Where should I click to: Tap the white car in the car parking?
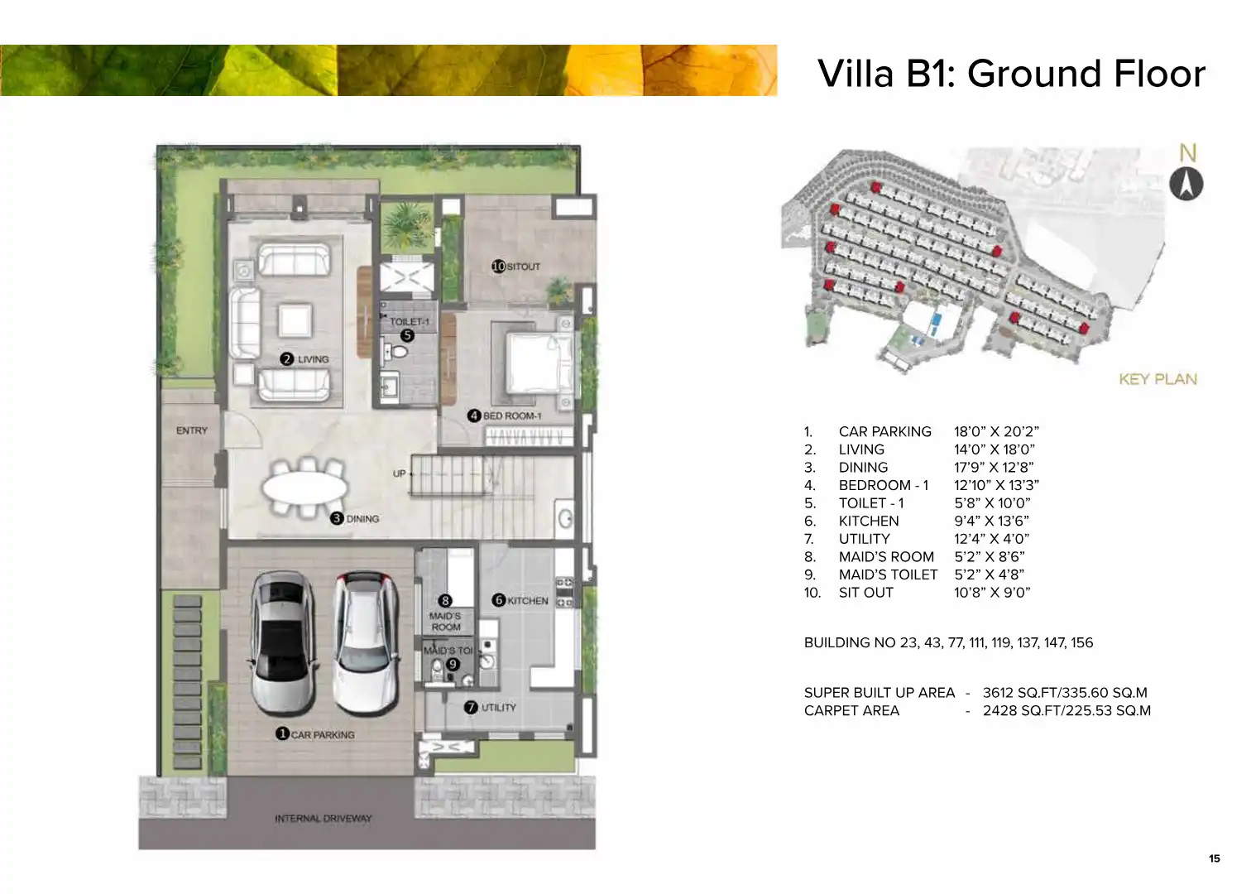click(x=366, y=642)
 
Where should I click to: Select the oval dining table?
click(x=305, y=488)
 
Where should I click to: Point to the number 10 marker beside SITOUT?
click(x=498, y=267)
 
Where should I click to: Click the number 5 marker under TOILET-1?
click(x=408, y=335)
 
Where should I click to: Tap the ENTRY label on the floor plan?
click(x=192, y=430)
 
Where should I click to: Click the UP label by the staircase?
click(x=399, y=473)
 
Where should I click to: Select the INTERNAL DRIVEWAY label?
click(x=324, y=818)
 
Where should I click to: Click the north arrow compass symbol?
click(x=1186, y=183)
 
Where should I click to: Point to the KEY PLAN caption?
click(x=1158, y=379)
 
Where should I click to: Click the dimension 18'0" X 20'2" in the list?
click(x=996, y=431)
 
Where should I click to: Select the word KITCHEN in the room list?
click(x=869, y=521)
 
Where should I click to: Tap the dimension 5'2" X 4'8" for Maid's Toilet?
click(x=989, y=574)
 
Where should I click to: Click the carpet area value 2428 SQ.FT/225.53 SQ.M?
click(x=1066, y=710)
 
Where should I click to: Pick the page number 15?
click(x=1215, y=858)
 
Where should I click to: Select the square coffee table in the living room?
click(x=295, y=320)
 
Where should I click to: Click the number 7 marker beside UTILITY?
click(x=471, y=707)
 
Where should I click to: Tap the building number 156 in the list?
click(x=1081, y=642)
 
